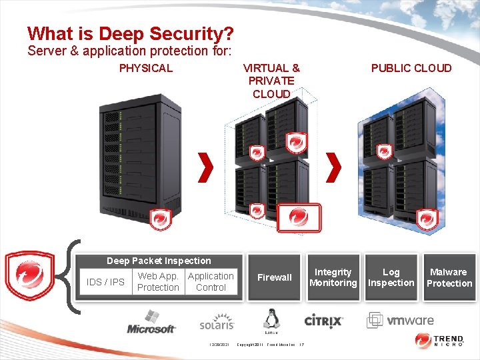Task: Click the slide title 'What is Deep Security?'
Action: coord(131,33)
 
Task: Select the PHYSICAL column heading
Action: coord(145,68)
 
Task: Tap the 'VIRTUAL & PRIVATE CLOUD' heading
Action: coord(271,81)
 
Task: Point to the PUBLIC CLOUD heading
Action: coord(411,68)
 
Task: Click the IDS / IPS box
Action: coord(105,282)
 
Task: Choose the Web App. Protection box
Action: coord(158,282)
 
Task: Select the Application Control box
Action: coord(211,282)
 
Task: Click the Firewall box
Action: coord(275,277)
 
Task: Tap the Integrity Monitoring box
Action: coord(333,277)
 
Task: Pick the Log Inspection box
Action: coord(391,277)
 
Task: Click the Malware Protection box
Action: coord(449,277)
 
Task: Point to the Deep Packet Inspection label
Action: coord(159,261)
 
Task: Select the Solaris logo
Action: coord(217,323)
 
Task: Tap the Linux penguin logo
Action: coord(271,321)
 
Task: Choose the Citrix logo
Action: coord(324,321)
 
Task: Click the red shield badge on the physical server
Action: coord(160,218)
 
